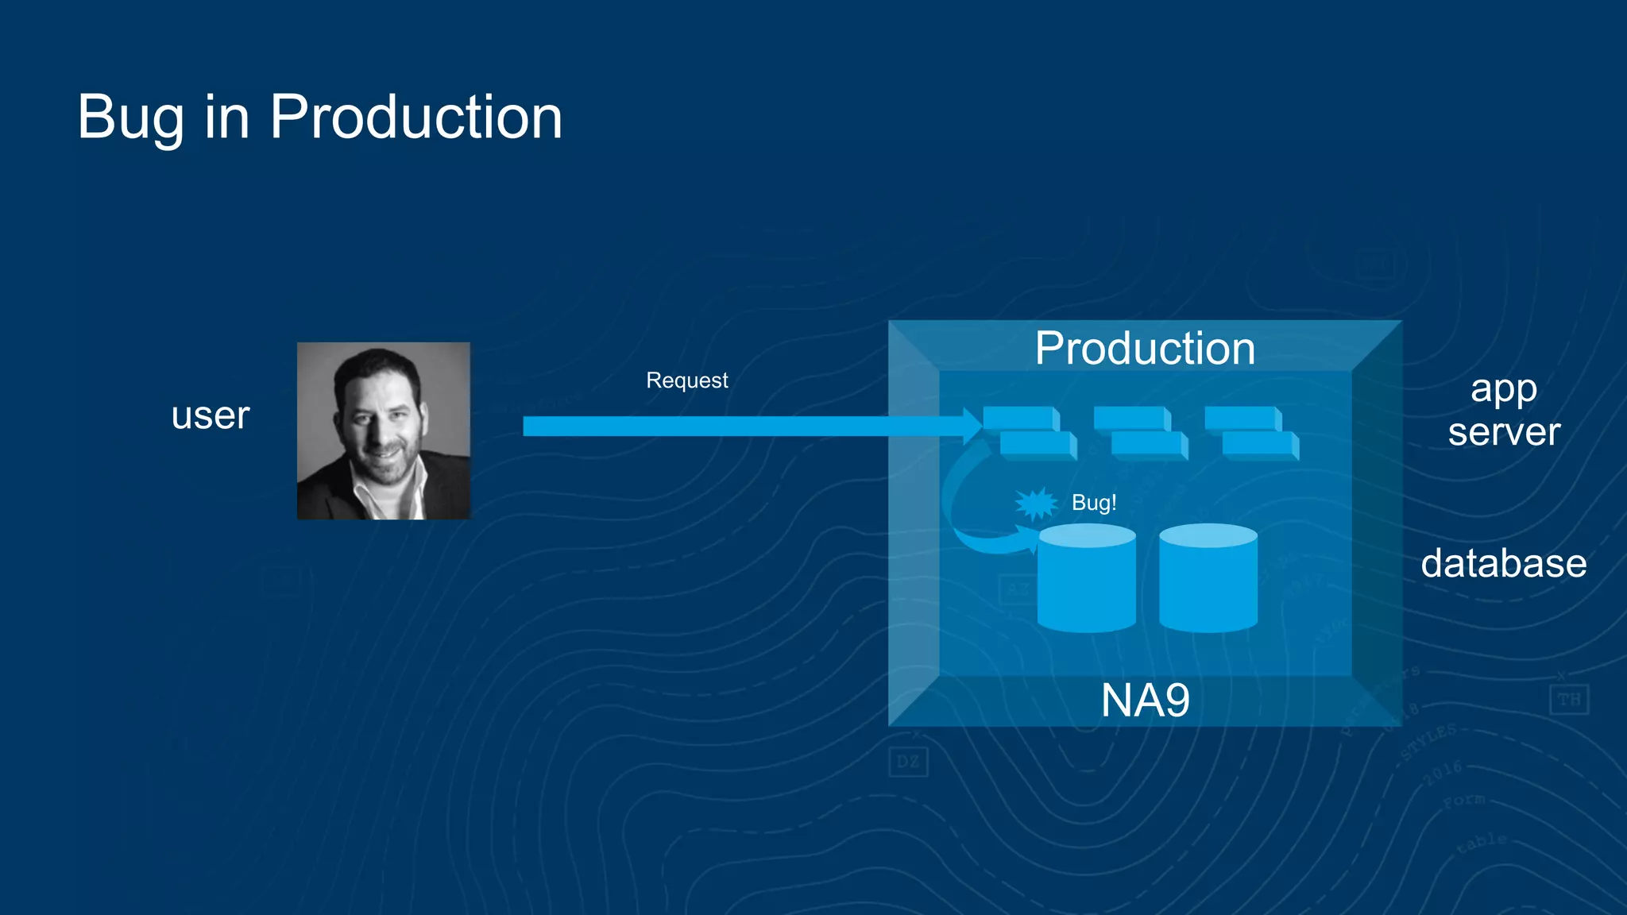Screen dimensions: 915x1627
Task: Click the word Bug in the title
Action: click(x=131, y=118)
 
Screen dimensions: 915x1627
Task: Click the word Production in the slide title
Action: click(x=415, y=118)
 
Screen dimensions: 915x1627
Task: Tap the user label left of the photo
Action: click(x=211, y=415)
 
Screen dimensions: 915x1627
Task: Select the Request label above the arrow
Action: click(x=686, y=380)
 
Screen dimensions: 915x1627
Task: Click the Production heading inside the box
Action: click(x=1145, y=349)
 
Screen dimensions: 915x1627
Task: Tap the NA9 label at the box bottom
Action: click(x=1145, y=701)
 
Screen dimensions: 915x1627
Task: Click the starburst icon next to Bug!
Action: click(x=1036, y=504)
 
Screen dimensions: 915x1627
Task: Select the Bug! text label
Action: click(x=1094, y=503)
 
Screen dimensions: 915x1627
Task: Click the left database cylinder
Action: click(x=1087, y=580)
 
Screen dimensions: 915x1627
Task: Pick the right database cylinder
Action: click(x=1208, y=580)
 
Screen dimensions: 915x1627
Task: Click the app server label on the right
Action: click(x=1503, y=411)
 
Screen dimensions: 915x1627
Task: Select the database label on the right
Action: click(x=1503, y=563)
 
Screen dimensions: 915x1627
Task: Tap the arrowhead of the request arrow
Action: click(x=972, y=427)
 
